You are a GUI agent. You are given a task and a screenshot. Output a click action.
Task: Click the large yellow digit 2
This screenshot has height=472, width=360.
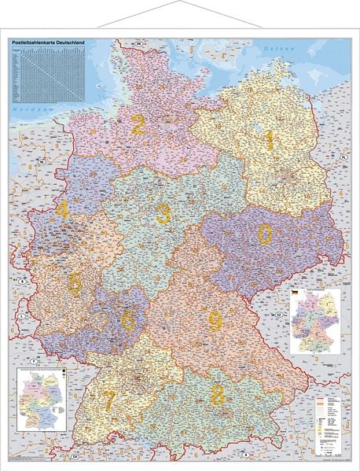pos(139,124)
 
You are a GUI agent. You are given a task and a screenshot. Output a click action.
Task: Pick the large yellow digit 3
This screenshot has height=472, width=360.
pos(163,212)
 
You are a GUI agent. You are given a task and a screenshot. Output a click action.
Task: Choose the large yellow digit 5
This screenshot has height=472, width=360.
pos(75,282)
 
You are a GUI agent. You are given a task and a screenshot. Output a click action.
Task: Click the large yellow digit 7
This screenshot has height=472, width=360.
pos(109,400)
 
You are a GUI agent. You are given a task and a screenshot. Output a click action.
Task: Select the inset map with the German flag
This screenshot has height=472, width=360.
pos(314,322)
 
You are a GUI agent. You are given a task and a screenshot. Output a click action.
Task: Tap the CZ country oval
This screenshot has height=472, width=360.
pos(279,314)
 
